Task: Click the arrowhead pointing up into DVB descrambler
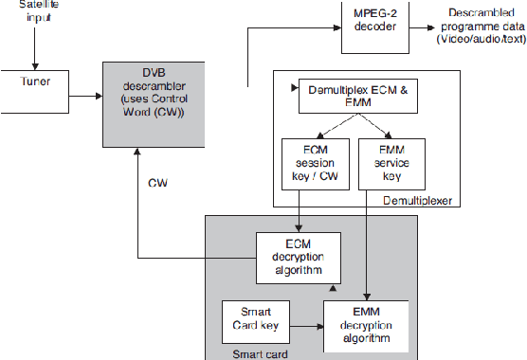tap(139, 153)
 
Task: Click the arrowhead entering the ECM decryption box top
tap(299, 228)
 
